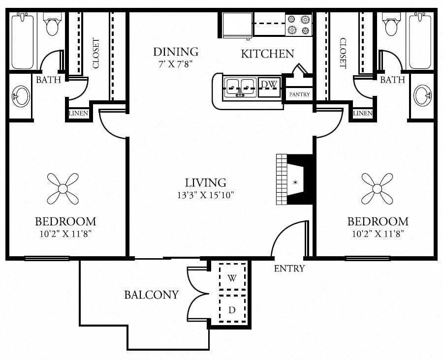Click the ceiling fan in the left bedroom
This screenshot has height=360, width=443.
point(63,188)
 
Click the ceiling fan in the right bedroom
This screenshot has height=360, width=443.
point(377,188)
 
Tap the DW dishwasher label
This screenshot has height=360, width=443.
point(269,85)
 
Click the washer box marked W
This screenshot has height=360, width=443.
point(232,278)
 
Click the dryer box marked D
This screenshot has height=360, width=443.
point(232,310)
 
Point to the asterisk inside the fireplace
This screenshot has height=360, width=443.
point(295,183)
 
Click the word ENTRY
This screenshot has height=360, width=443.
point(289,269)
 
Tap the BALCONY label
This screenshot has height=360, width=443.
point(151,295)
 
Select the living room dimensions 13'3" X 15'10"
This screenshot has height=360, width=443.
point(206,195)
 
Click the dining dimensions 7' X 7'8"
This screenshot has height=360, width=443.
point(175,63)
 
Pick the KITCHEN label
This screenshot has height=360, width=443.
point(267,54)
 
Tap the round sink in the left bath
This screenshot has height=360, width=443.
point(20,96)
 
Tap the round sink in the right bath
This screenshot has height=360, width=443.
point(422,95)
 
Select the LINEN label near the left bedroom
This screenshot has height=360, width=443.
point(79,114)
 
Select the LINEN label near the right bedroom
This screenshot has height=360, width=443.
point(363,114)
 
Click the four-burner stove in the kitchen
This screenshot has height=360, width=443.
point(299,24)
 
